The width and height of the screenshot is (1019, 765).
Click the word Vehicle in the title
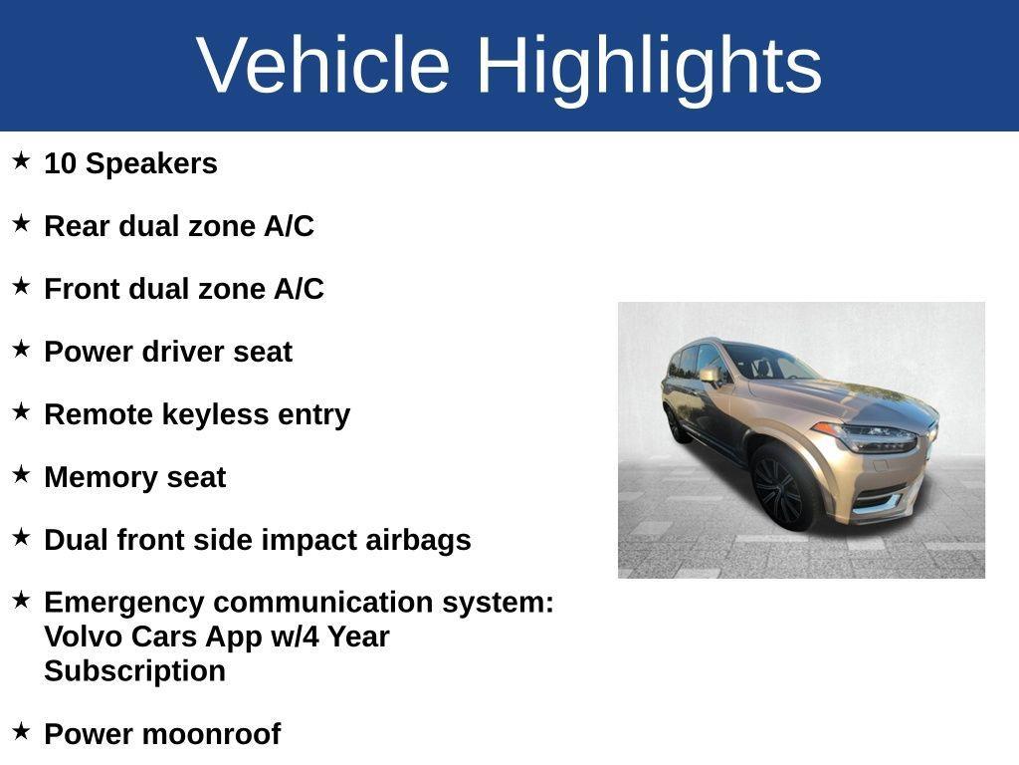coord(323,65)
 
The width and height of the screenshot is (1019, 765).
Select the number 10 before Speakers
coord(61,163)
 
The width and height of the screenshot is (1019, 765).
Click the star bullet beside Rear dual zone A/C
coord(21,223)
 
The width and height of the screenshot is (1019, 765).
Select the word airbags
coord(419,541)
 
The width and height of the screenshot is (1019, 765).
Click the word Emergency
coord(124,603)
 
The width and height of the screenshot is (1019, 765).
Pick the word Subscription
coord(134,671)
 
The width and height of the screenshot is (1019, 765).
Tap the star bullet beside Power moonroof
coord(21,730)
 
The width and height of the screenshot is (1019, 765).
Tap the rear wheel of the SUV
coord(676,425)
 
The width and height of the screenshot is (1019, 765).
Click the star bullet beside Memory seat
coord(21,474)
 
